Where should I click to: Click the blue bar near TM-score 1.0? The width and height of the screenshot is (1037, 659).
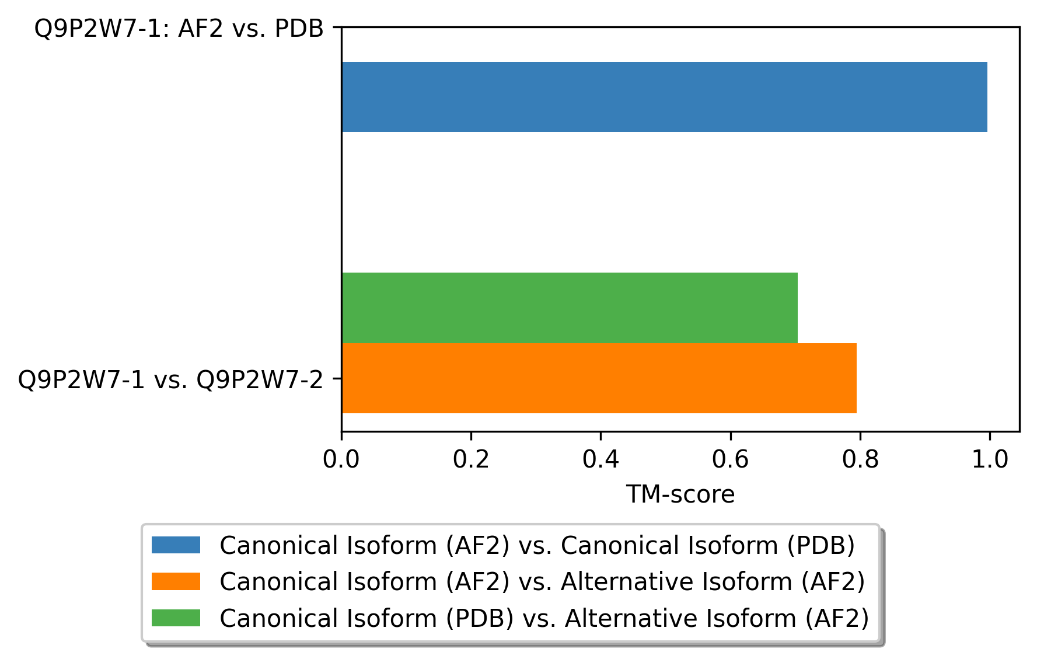click(664, 97)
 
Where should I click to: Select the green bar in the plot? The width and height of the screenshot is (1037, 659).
click(570, 308)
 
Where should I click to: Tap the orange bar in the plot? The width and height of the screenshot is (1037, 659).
click(599, 378)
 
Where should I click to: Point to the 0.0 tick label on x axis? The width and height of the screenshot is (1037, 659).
click(341, 460)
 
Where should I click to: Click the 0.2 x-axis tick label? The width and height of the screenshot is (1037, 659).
click(471, 460)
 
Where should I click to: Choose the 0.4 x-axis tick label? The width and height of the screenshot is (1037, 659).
click(600, 460)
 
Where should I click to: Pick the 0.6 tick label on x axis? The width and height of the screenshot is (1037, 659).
click(730, 460)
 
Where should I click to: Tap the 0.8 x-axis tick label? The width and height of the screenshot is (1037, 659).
click(860, 460)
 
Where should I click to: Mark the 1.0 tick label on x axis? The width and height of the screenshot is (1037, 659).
click(990, 460)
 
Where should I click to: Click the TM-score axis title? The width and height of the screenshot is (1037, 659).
click(680, 495)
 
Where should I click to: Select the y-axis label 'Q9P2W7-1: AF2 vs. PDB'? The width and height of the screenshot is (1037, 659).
click(179, 29)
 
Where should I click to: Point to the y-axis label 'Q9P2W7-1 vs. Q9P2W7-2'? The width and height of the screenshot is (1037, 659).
click(170, 380)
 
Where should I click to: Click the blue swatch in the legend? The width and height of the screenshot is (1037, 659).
click(176, 545)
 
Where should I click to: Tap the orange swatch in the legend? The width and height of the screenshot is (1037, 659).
click(176, 581)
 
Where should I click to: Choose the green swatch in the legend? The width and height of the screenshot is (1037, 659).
click(176, 618)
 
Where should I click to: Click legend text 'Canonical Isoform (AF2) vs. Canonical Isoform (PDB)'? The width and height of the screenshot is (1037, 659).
click(537, 546)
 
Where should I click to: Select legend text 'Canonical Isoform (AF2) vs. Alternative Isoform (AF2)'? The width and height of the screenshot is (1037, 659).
click(542, 582)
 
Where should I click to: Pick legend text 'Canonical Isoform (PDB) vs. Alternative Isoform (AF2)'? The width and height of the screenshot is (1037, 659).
click(544, 618)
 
